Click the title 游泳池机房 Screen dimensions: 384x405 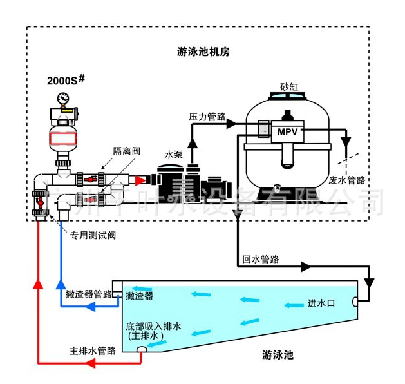pos(203,52)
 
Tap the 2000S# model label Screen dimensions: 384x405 pos(67,80)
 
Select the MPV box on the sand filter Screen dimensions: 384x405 pos(285,131)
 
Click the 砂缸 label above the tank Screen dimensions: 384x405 pos(288,86)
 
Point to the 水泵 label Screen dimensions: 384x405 pos(174,155)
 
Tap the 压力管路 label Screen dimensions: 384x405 pos(207,117)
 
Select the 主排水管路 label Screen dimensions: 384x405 pos(93,351)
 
